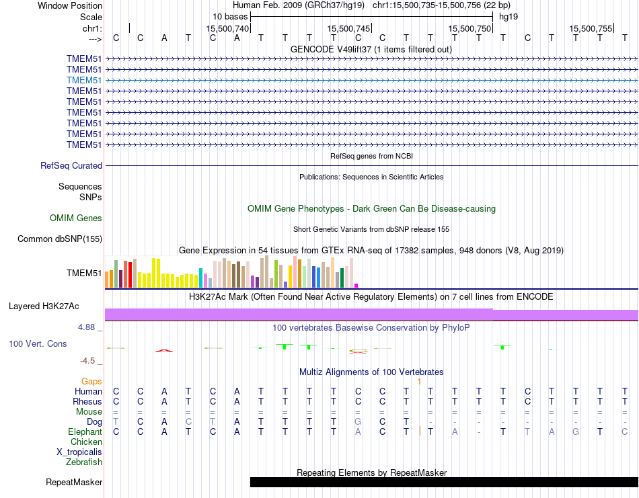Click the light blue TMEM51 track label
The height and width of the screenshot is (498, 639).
[x=84, y=80]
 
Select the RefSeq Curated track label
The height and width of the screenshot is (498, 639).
[x=71, y=165]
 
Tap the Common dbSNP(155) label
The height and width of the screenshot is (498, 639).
[x=60, y=239]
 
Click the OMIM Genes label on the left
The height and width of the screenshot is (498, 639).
[x=76, y=218]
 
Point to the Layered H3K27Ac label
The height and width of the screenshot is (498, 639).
[x=44, y=306]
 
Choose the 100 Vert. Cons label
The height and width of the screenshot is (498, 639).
[x=38, y=343]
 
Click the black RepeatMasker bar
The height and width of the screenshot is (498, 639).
[x=444, y=482]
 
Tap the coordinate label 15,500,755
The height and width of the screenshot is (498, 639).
[x=591, y=28]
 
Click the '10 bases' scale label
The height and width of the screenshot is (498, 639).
[x=230, y=16]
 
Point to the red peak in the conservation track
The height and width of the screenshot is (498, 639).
[x=163, y=349]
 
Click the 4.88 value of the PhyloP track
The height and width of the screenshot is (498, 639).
[x=89, y=327]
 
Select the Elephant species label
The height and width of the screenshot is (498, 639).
[x=85, y=431]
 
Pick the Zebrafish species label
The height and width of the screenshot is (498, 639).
[x=84, y=462]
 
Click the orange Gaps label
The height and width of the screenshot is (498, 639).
[x=91, y=381]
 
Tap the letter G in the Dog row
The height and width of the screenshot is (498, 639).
[x=358, y=421]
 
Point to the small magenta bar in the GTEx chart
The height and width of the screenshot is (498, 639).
[x=356, y=285]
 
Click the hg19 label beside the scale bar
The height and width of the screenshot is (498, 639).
[x=508, y=16]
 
